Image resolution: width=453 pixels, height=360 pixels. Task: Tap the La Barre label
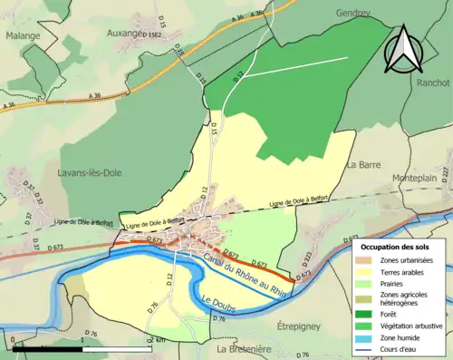click(x=362, y=165)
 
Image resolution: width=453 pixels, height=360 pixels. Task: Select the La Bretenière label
click(x=245, y=348)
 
